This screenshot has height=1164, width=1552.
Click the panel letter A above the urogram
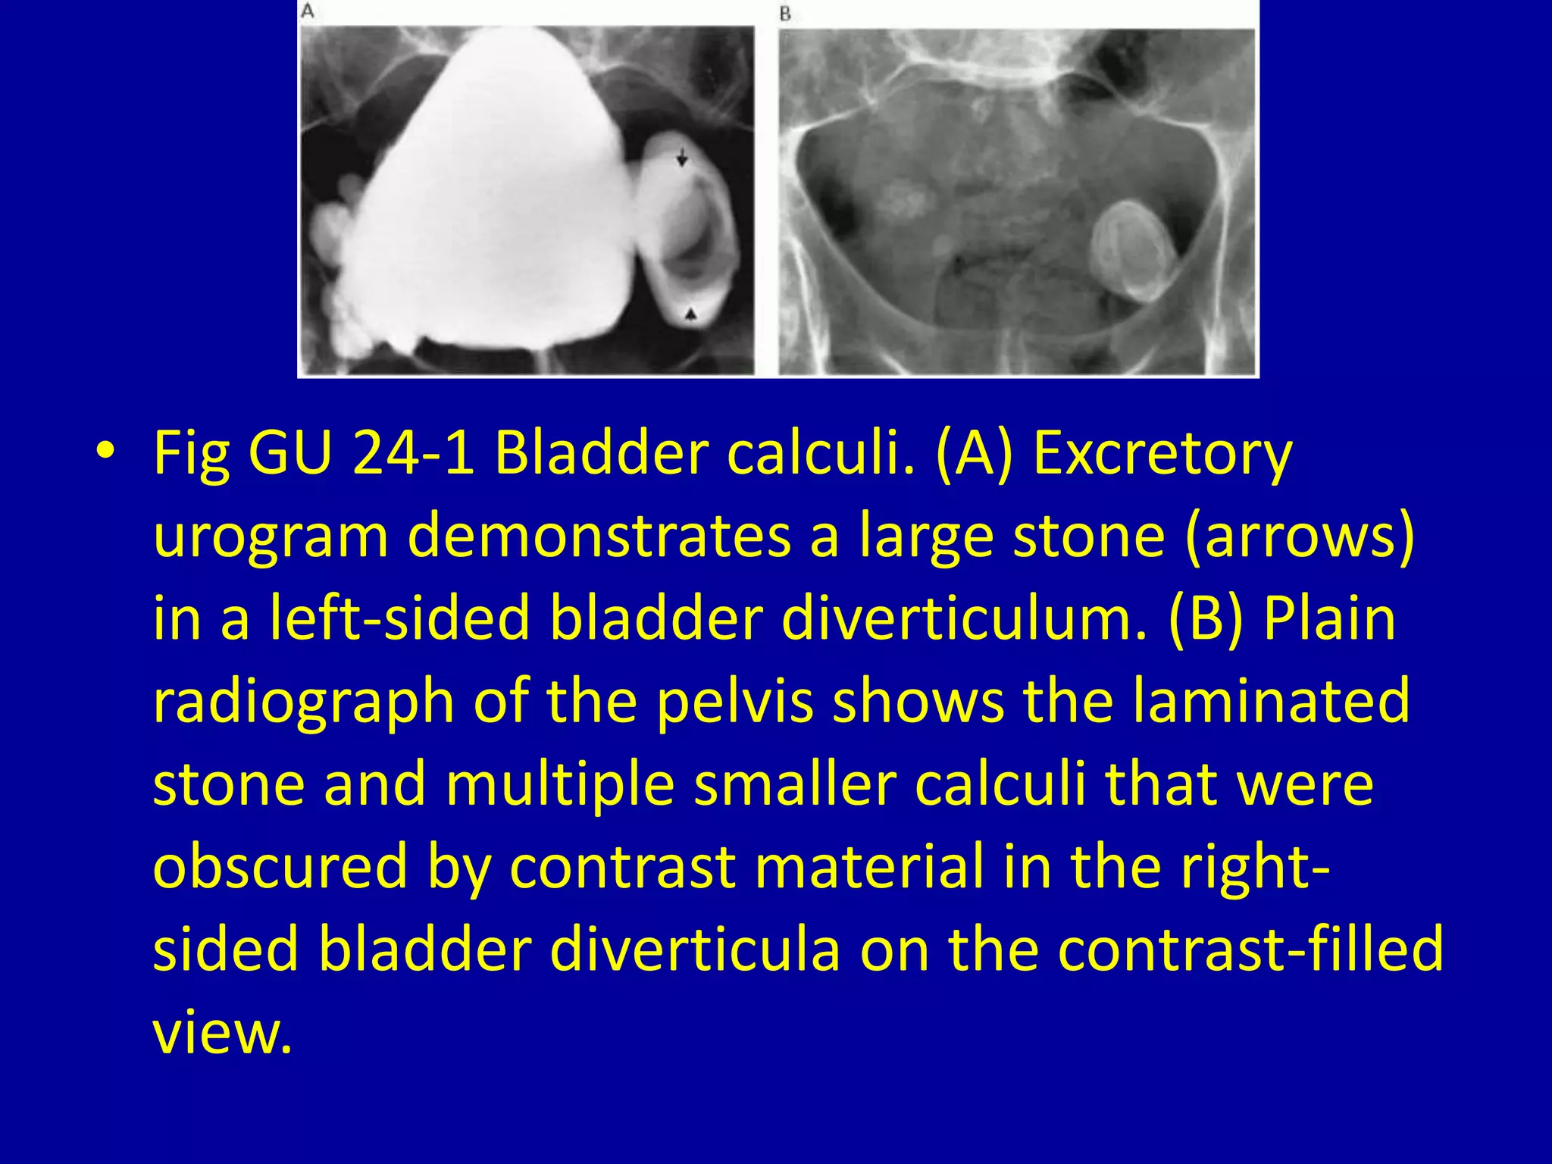308,11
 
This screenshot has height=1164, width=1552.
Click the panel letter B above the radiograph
785,14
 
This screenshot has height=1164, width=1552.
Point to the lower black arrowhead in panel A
691,314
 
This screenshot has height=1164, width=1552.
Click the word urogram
271,537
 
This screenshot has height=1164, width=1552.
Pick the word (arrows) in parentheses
1299,537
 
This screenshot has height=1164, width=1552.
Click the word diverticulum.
962,618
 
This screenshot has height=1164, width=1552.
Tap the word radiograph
303,702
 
